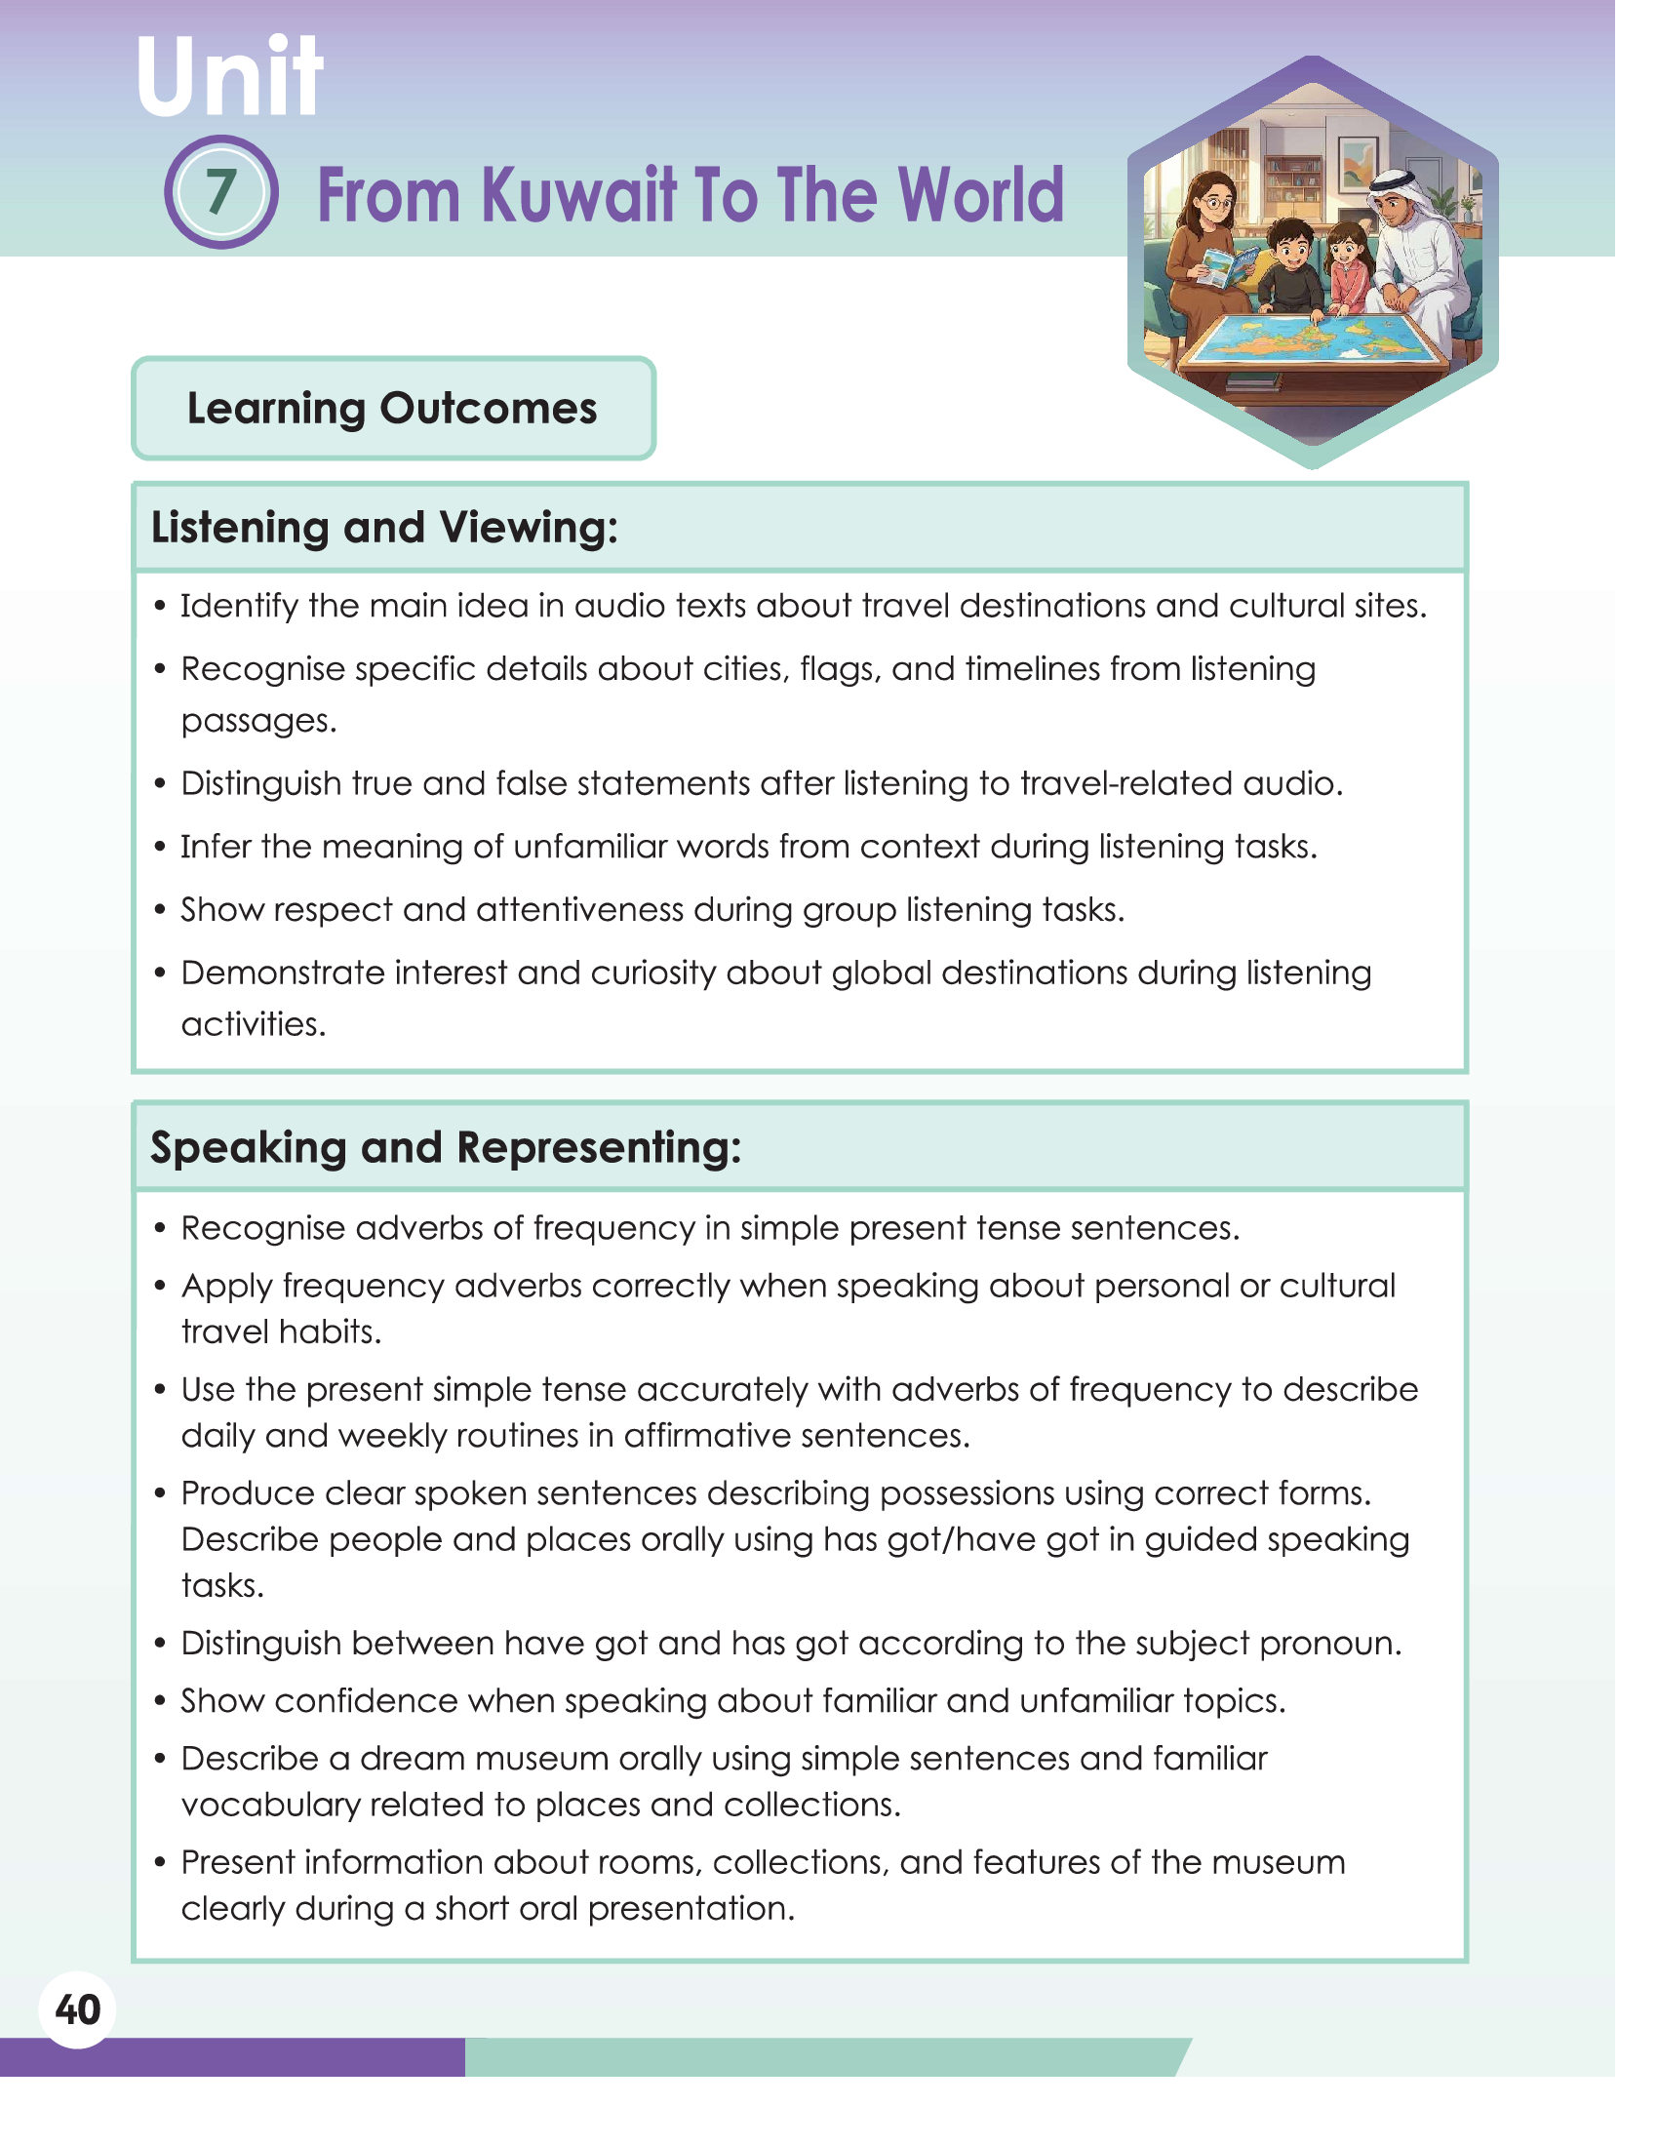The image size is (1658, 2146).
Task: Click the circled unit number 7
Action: pyautogui.click(x=221, y=191)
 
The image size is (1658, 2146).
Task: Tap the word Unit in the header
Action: pyautogui.click(x=229, y=77)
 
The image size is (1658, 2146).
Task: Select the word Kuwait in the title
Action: pyautogui.click(x=579, y=194)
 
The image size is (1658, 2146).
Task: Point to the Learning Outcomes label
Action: pyautogui.click(x=392, y=408)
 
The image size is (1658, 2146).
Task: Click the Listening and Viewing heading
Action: pyautogui.click(x=384, y=528)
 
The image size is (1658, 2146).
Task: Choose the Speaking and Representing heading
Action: pyautogui.click(x=446, y=1147)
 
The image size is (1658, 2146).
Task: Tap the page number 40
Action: pyautogui.click(x=78, y=2009)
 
